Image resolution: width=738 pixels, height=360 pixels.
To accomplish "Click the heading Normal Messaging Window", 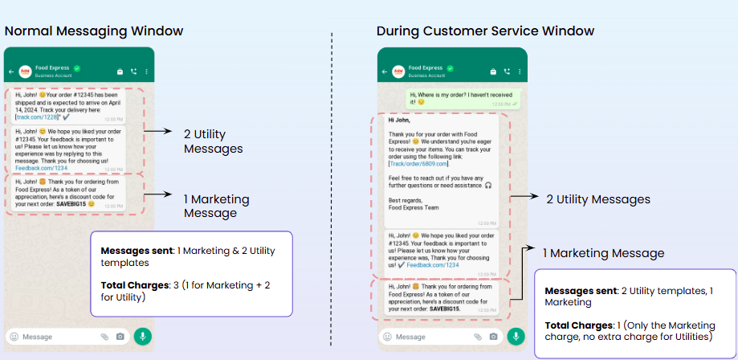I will (94, 31).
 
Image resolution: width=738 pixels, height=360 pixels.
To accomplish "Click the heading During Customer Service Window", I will (485, 31).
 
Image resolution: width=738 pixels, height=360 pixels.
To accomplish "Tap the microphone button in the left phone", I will (142, 336).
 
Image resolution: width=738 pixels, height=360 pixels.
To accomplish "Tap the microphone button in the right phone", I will (515, 336).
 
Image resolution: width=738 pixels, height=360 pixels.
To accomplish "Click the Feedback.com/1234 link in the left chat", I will (40, 168).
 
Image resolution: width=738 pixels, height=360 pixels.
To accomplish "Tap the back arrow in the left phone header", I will (11, 71).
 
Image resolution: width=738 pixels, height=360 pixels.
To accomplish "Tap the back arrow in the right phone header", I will (383, 71).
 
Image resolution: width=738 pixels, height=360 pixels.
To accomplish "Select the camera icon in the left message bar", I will (120, 337).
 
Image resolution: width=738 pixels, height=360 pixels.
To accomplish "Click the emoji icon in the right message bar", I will (387, 337).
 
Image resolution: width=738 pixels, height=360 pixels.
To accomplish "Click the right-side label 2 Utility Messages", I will (597, 199).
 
